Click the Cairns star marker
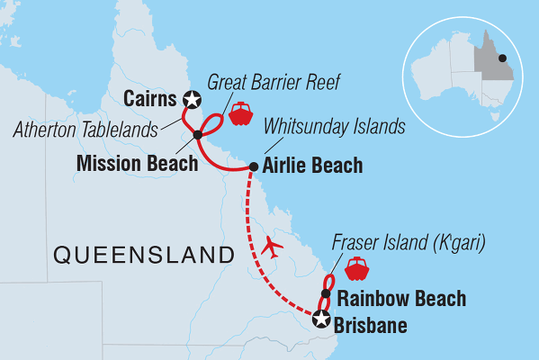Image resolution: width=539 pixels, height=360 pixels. pyautogui.click(x=191, y=99)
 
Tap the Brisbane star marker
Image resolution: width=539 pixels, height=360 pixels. pyautogui.click(x=320, y=317)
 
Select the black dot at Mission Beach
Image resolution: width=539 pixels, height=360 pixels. pyautogui.click(x=198, y=136)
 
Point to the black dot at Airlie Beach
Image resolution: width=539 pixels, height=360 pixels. pyautogui.click(x=253, y=166)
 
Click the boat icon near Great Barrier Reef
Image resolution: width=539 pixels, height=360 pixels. pyautogui.click(x=240, y=113)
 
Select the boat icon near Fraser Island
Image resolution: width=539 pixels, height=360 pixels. pyautogui.click(x=356, y=267)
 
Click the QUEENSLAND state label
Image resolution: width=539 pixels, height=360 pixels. pyautogui.click(x=138, y=255)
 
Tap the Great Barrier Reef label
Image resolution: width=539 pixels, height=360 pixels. pyautogui.click(x=263, y=82)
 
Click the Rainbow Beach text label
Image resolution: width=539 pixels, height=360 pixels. pyautogui.click(x=400, y=298)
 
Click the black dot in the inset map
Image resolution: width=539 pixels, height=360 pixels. pyautogui.click(x=502, y=58)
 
